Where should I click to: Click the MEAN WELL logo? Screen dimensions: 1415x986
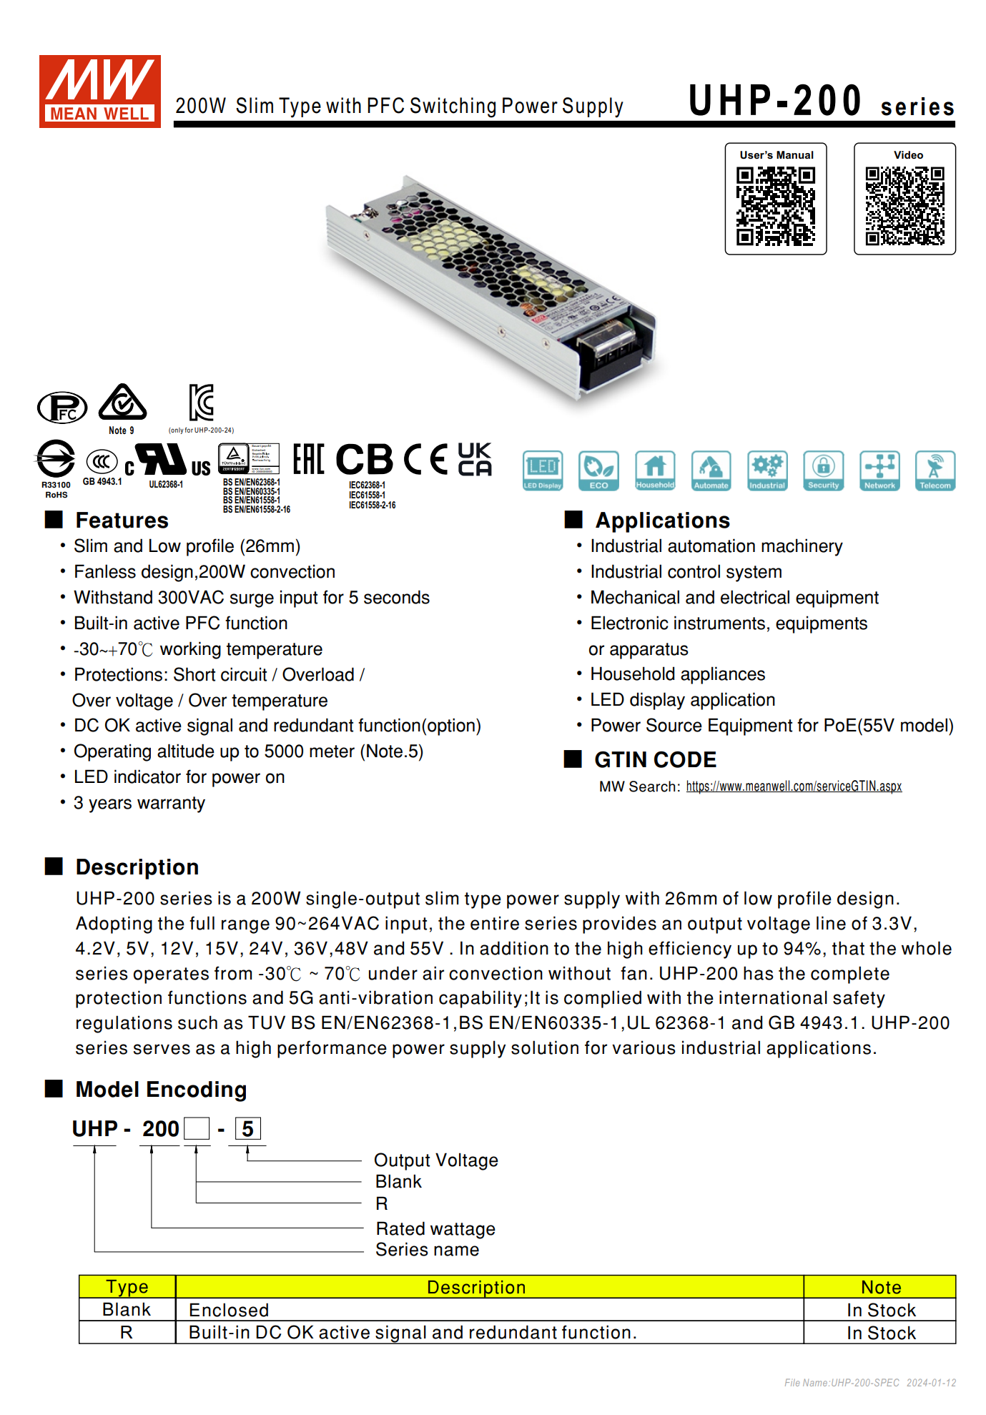99,91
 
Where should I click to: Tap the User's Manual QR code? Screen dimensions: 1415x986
776,206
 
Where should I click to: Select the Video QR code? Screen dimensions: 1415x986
904,206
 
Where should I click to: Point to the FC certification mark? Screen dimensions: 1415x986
62,408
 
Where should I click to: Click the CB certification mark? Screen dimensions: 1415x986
364,459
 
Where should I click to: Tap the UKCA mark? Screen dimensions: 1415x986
475,459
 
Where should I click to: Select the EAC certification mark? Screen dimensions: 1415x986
308,459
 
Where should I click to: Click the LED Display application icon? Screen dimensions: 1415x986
543,470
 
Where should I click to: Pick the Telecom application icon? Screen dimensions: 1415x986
935,470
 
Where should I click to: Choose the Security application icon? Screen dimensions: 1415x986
823,470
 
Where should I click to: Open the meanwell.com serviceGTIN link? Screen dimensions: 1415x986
794,787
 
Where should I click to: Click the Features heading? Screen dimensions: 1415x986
122,520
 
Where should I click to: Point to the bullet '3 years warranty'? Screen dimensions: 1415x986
139,803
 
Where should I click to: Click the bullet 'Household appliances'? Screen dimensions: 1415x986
677,674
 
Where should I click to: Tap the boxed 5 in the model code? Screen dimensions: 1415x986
247,1129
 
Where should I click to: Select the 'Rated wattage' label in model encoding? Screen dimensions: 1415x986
435,1228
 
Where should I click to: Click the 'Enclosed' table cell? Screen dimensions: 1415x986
229,1310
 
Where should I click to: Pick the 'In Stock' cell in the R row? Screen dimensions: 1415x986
880,1333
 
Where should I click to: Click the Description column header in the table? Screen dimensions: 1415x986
476,1287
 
